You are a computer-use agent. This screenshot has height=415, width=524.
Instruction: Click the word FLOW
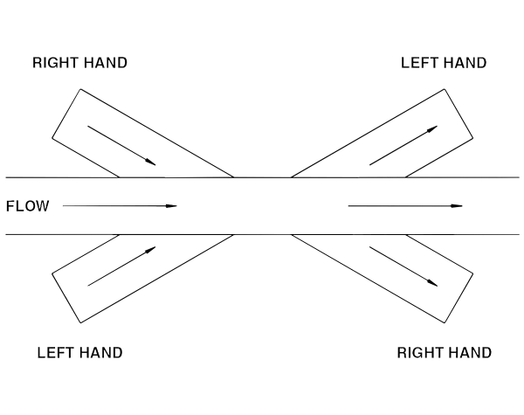pyautogui.click(x=28, y=206)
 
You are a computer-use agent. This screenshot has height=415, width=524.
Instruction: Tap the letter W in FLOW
pyautogui.click(x=43, y=206)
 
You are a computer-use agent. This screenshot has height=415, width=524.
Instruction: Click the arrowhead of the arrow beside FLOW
pyautogui.click(x=172, y=206)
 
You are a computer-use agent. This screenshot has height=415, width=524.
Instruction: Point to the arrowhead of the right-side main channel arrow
pyautogui.click(x=457, y=206)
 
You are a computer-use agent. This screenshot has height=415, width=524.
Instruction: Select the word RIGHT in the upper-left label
pyautogui.click(x=55, y=63)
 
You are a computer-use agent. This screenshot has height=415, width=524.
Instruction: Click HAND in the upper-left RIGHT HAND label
pyautogui.click(x=106, y=63)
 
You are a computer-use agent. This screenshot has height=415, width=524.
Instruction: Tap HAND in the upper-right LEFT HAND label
pyautogui.click(x=465, y=63)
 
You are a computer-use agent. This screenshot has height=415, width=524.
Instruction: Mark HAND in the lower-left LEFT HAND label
pyautogui.click(x=101, y=353)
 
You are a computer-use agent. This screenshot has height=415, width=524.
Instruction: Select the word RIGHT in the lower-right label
pyautogui.click(x=419, y=353)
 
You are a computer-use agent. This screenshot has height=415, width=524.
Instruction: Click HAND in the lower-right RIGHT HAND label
pyautogui.click(x=470, y=353)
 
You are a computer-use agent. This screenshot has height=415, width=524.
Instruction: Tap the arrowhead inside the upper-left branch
pyautogui.click(x=151, y=163)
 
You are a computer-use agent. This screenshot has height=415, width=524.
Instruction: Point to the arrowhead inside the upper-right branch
pyautogui.click(x=433, y=128)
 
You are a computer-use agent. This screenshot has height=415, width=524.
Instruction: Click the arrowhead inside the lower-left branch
pyautogui.click(x=151, y=250)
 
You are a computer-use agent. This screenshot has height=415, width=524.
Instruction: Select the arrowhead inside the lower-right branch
pyautogui.click(x=433, y=283)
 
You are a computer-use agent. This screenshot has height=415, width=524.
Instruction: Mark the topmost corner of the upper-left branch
pyautogui.click(x=80, y=89)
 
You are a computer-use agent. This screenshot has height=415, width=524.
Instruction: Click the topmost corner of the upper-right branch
pyautogui.click(x=445, y=89)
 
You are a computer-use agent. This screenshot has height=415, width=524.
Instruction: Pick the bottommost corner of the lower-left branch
pyautogui.click(x=80, y=323)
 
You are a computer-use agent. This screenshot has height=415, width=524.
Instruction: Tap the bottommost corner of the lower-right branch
pyautogui.click(x=445, y=323)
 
